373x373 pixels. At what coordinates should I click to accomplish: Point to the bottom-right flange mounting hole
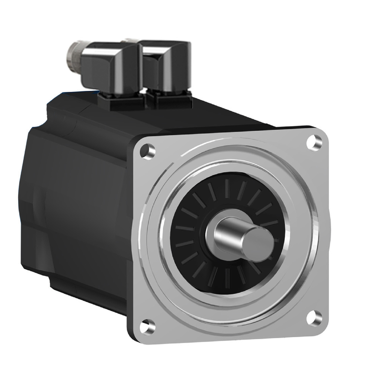point(312,317)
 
